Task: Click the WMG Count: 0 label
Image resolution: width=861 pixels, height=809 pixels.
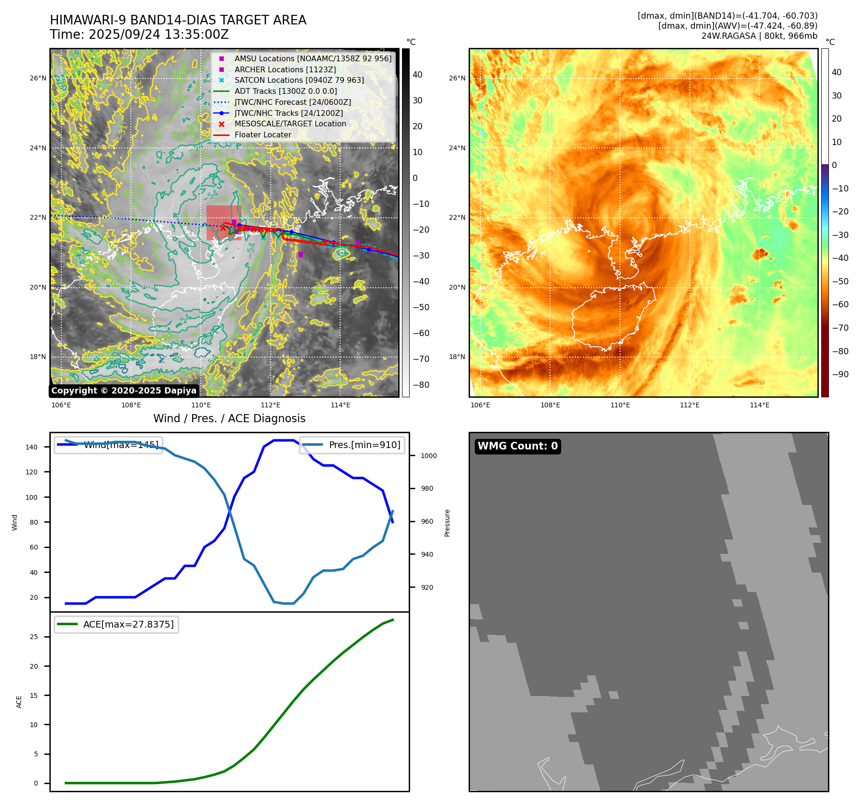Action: pos(517,446)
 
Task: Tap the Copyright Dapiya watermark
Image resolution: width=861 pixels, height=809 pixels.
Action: pos(124,391)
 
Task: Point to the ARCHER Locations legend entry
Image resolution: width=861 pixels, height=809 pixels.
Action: pos(285,69)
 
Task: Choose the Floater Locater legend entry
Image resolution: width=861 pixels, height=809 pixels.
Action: pos(263,135)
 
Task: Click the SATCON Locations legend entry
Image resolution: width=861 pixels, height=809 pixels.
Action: pos(299,80)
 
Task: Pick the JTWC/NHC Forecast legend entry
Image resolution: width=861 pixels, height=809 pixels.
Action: pos(292,102)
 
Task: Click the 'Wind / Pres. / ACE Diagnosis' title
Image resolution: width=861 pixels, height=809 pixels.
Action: pos(229,418)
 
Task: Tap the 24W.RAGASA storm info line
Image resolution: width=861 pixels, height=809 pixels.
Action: pos(759,36)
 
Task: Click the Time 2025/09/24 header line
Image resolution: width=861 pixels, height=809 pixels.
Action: pos(139,35)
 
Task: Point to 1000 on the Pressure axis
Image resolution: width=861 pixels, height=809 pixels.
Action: pos(428,456)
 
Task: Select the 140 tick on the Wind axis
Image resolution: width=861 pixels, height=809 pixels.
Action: pos(32,447)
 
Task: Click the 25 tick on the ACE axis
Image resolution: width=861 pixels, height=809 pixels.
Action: pos(34,637)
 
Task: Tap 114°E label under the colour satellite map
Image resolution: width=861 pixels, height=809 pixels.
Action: pos(759,405)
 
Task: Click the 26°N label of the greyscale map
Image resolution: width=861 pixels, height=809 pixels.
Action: pos(38,78)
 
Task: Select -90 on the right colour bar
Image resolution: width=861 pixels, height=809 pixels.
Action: pos(840,374)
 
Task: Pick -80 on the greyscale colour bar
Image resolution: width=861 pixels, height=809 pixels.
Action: pos(421,385)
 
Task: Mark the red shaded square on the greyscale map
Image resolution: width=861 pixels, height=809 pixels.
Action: pos(224,223)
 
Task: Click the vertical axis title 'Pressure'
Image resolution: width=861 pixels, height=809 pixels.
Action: pos(447,523)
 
